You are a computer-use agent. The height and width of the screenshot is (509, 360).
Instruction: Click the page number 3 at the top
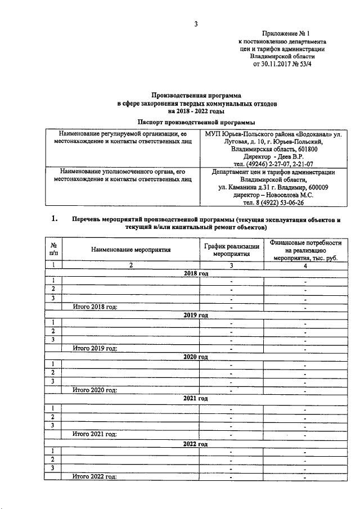point(196,24)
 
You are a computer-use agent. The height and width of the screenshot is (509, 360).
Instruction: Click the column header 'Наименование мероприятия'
point(130,249)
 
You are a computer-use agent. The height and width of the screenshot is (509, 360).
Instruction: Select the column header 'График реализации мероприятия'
point(231,249)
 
